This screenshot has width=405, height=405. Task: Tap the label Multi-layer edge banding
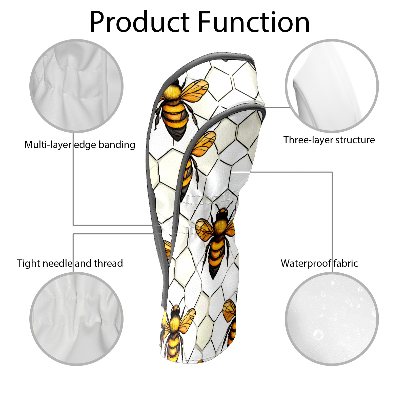tap(79, 145)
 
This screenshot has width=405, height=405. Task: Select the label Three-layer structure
tap(329, 140)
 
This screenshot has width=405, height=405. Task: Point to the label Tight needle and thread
tap(70, 263)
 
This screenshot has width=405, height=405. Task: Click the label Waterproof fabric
tap(319, 263)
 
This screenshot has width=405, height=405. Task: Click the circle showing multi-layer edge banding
tap(76, 86)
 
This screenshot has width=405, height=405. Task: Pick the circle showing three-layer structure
tap(332, 86)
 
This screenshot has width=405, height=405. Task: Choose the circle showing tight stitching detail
tap(76, 319)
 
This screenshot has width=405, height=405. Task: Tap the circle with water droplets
tap(332, 319)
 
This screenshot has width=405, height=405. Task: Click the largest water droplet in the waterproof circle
tap(318, 335)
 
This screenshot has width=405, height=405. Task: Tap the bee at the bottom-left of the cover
tap(175, 332)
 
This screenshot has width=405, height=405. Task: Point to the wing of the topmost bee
tap(195, 91)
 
